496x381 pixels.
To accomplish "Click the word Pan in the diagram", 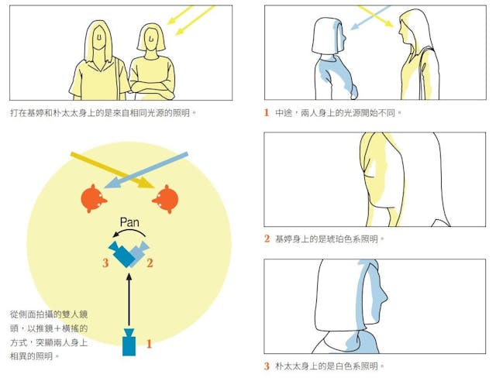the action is click(x=129, y=222).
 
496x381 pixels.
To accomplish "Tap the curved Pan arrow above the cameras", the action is click(x=129, y=230).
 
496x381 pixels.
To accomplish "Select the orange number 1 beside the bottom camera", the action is click(x=149, y=344).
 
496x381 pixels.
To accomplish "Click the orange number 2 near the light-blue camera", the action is click(x=150, y=263).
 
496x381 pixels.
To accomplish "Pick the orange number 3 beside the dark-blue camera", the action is click(x=105, y=263).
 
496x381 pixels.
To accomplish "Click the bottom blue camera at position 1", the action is click(x=129, y=342).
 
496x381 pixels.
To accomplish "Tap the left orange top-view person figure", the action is click(x=93, y=198).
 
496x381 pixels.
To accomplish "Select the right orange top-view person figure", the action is click(x=166, y=199).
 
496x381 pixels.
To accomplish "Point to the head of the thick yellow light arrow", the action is click(x=146, y=184).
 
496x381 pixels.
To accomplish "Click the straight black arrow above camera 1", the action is click(x=129, y=300).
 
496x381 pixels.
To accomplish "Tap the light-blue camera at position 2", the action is click(x=139, y=252).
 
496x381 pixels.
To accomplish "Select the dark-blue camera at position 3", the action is click(x=122, y=255).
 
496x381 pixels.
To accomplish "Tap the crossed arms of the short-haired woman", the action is click(x=152, y=87).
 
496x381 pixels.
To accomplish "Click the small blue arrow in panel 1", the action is click(x=370, y=17).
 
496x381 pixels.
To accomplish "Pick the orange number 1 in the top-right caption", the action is click(x=267, y=112).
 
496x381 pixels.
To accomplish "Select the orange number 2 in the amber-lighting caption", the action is click(x=267, y=239).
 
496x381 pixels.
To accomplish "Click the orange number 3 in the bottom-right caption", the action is click(x=267, y=366).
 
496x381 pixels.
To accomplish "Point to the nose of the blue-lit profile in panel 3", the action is click(x=385, y=297).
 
